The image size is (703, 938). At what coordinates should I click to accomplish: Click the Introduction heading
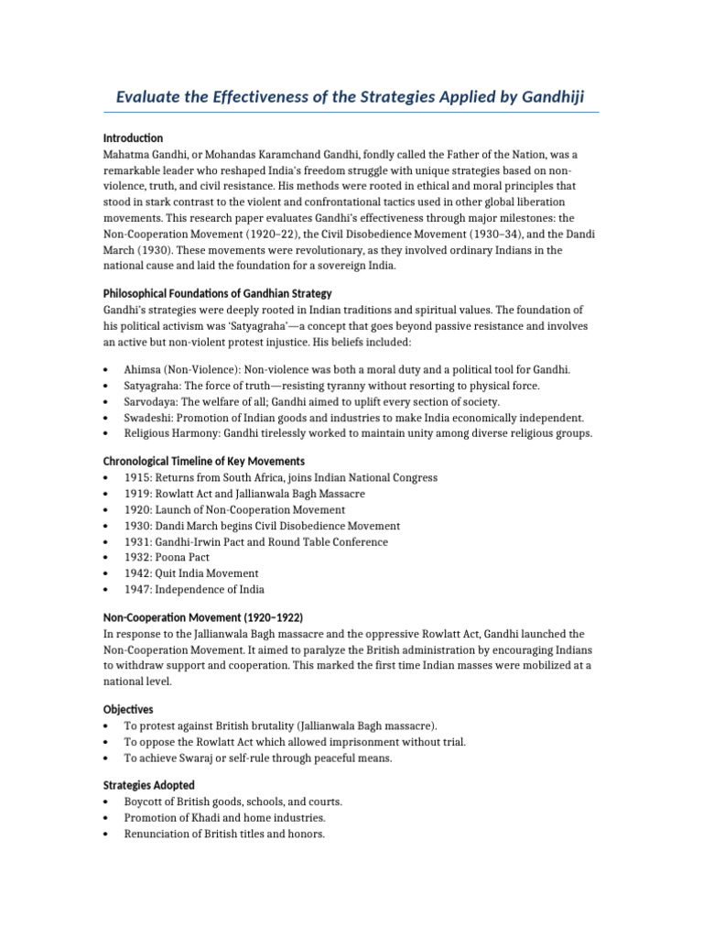(x=133, y=137)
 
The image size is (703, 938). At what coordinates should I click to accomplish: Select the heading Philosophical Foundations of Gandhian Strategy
(x=217, y=293)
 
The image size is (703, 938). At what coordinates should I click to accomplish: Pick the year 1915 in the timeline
(x=137, y=477)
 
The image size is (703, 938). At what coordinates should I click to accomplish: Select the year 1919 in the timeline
(x=137, y=494)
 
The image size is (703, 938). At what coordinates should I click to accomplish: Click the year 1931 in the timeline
(x=137, y=541)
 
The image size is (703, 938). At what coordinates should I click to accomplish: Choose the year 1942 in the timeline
(x=137, y=573)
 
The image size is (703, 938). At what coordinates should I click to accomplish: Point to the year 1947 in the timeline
(x=137, y=589)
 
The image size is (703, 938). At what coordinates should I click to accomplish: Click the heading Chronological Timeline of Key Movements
(x=204, y=461)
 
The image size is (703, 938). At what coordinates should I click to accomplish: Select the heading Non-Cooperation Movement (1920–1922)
(x=202, y=617)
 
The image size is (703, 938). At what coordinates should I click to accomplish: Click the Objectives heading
(x=128, y=709)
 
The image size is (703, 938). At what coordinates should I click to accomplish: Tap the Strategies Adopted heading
(x=148, y=785)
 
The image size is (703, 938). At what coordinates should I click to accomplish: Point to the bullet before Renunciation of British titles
(x=106, y=834)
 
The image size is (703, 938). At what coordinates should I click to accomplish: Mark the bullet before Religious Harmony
(x=106, y=433)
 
